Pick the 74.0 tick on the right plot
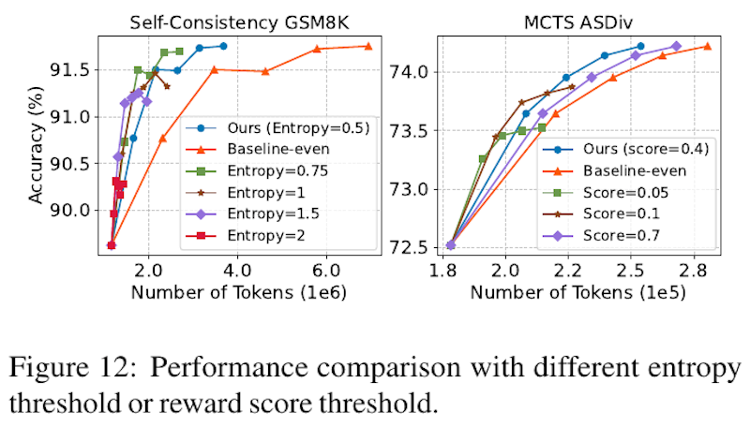(x=412, y=71)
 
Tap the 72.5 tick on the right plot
(x=412, y=246)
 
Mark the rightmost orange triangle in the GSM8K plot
(x=368, y=46)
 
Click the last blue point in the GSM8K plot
(x=223, y=46)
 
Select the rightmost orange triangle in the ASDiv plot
(x=707, y=46)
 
